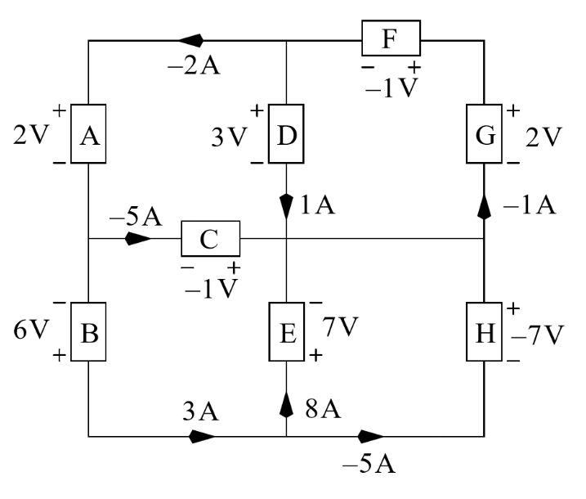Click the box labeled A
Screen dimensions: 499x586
coord(88,134)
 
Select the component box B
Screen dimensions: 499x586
coord(88,331)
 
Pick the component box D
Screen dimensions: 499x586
coord(286,134)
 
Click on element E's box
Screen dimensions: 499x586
coord(286,331)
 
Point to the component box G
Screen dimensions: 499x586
coord(484,134)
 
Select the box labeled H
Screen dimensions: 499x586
coord(484,331)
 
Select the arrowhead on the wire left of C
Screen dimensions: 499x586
coord(137,240)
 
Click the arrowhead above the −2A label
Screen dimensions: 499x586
coord(190,39)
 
